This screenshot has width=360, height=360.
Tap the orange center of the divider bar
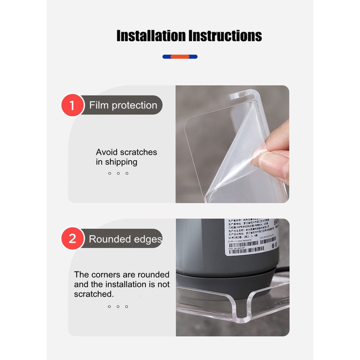click(x=180, y=57)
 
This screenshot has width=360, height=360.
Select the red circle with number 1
click(x=72, y=106)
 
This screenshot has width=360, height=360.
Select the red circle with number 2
click(x=72, y=239)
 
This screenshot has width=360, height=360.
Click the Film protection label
click(x=123, y=105)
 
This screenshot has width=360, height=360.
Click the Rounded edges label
click(x=125, y=239)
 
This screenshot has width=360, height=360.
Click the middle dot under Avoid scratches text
click(x=118, y=173)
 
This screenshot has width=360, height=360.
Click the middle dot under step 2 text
click(x=118, y=306)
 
